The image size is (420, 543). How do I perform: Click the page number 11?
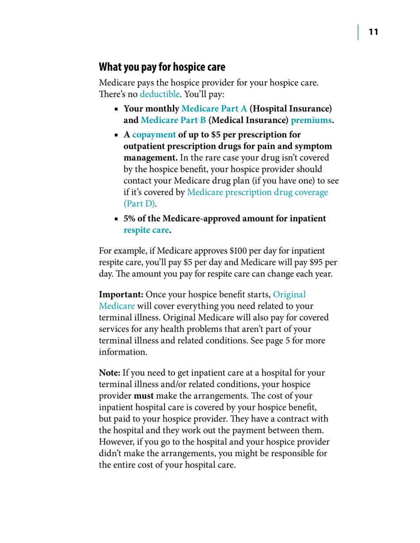pyautogui.click(x=373, y=32)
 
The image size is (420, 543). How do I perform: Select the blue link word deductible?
pyautogui.click(x=160, y=94)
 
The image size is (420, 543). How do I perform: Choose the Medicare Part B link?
pyautogui.click(x=173, y=120)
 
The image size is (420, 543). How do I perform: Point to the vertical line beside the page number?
pyautogui.click(x=359, y=32)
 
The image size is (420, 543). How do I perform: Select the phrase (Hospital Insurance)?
pyautogui.click(x=290, y=109)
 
